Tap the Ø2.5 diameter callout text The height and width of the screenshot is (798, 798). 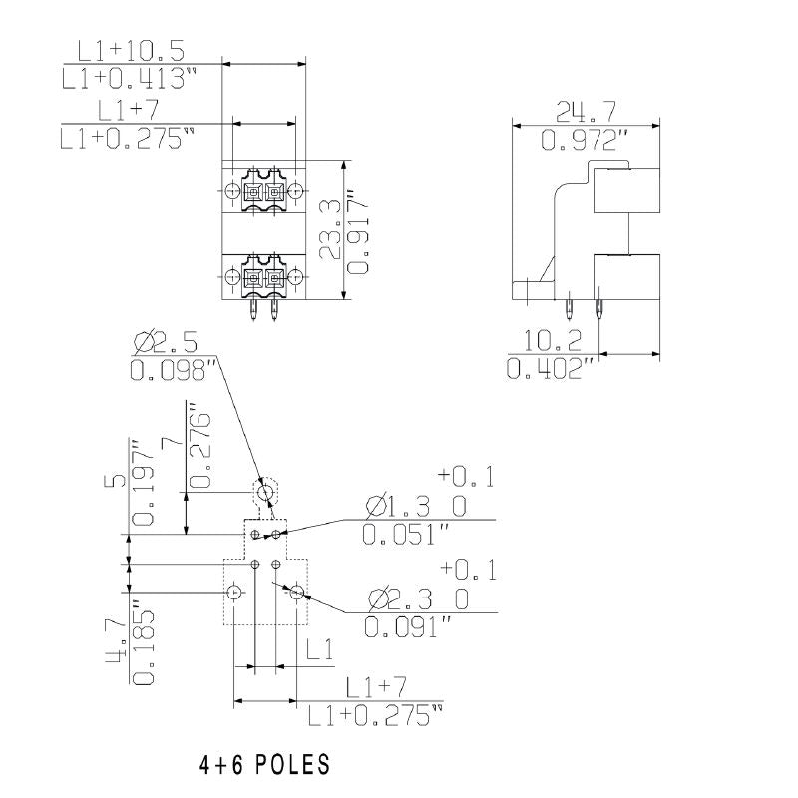167,344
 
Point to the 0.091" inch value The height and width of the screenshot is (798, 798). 407,628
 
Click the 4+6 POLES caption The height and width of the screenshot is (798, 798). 264,765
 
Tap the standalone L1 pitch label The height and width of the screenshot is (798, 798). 319,652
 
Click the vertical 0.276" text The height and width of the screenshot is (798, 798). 199,446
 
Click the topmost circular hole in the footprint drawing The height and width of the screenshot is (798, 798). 265,492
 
